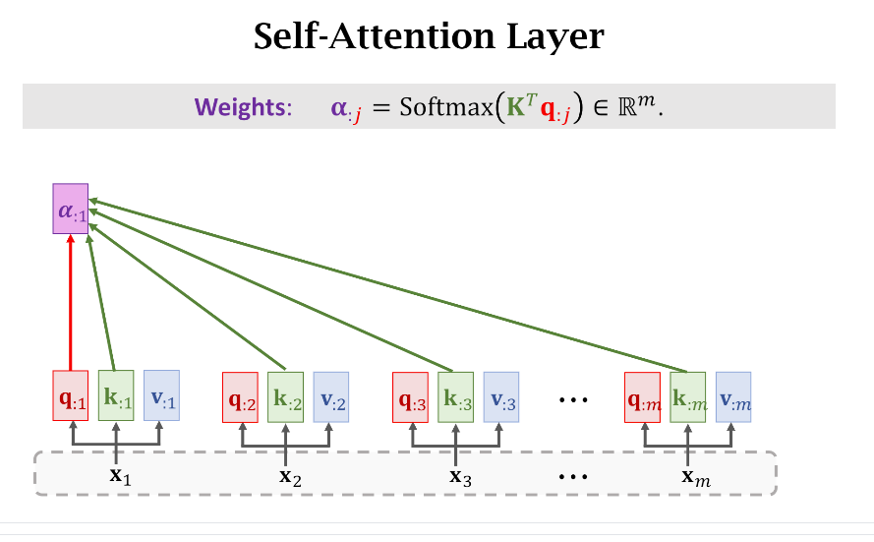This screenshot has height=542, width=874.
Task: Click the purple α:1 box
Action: coord(70,209)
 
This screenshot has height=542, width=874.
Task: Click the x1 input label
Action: coord(118,477)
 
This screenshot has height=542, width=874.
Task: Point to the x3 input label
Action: coord(459,478)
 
